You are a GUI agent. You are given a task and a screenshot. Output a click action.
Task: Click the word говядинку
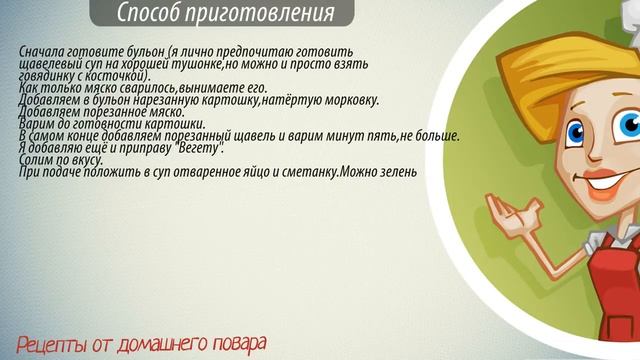tap(46, 76)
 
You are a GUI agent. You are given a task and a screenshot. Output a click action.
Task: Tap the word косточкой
tap(120, 76)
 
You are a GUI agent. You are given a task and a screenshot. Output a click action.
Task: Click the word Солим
tap(35, 160)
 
